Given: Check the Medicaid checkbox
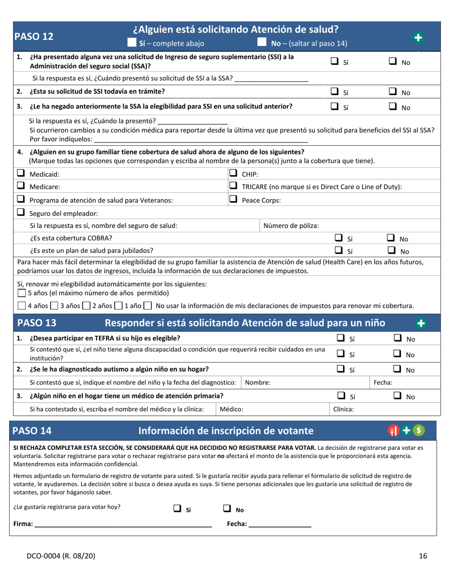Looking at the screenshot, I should (x=21, y=174).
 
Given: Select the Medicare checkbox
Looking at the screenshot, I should (x=21, y=186).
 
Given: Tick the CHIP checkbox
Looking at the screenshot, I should (x=234, y=174).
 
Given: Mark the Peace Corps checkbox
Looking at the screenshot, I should (x=234, y=200).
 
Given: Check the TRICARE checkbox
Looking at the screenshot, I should (x=234, y=186).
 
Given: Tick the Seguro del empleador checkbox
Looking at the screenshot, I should (x=21, y=213).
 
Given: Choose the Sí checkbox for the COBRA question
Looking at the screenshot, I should (x=338, y=238).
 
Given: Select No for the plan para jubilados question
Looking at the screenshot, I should (x=390, y=250).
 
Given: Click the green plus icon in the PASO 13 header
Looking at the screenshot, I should (x=421, y=323).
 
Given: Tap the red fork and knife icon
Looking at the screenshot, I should (x=393, y=431).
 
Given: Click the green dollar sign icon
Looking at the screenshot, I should (x=419, y=431).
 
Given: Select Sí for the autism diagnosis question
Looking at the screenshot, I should (x=341, y=369).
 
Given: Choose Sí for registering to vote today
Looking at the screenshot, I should (x=177, y=509).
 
